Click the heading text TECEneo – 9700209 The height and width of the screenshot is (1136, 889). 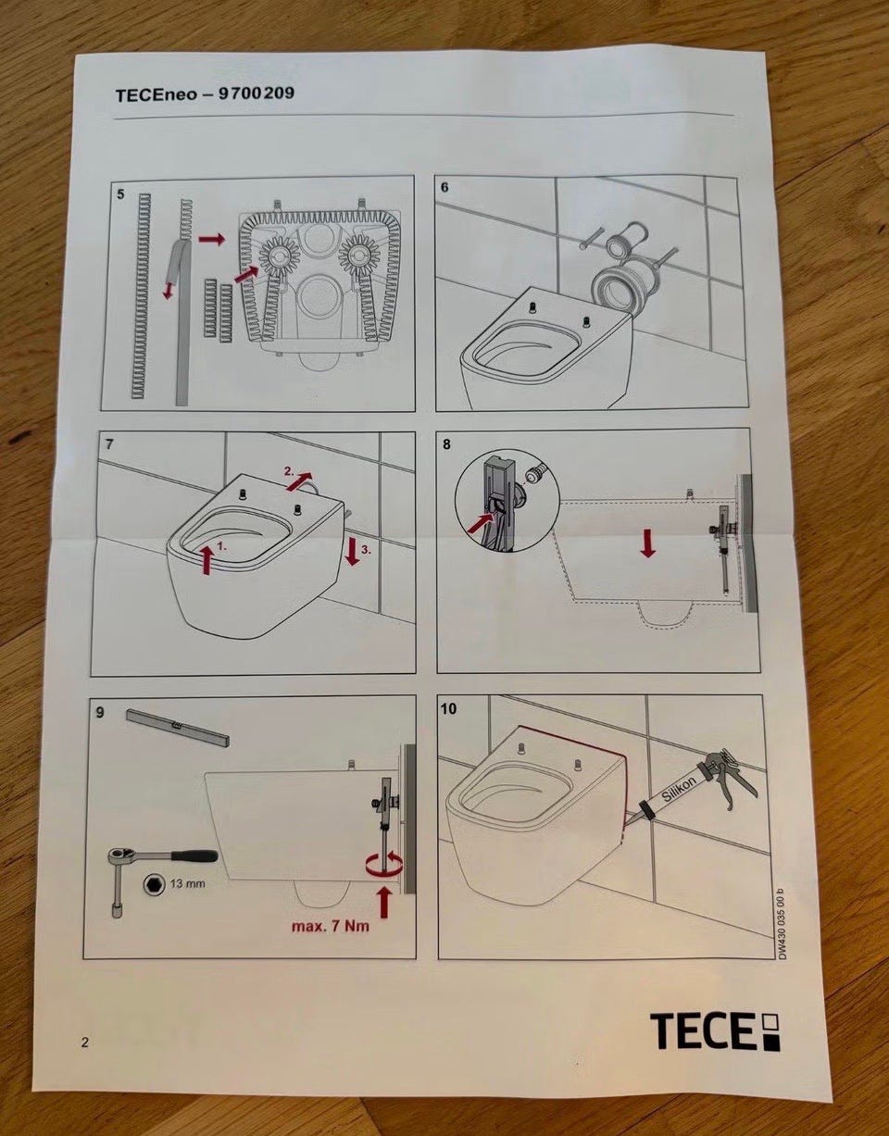pyautogui.click(x=205, y=95)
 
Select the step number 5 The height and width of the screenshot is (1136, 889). pyautogui.click(x=120, y=194)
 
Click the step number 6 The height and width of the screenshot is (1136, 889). pyautogui.click(x=444, y=188)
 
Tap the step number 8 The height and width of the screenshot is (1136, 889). pyautogui.click(x=445, y=445)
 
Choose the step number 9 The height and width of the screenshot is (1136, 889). pyautogui.click(x=100, y=713)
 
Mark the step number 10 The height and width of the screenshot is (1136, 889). pyautogui.click(x=448, y=709)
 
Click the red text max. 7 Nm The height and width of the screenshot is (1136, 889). pyautogui.click(x=331, y=927)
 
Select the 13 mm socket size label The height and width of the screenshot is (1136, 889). pyautogui.click(x=188, y=884)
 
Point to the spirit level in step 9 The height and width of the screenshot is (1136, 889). pyautogui.click(x=178, y=728)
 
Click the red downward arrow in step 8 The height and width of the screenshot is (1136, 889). pyautogui.click(x=648, y=543)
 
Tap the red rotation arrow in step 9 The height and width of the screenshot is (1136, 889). pyautogui.click(x=384, y=863)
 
